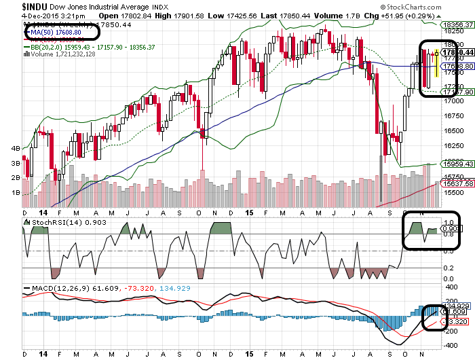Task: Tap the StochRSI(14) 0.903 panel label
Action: coord(54,222)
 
